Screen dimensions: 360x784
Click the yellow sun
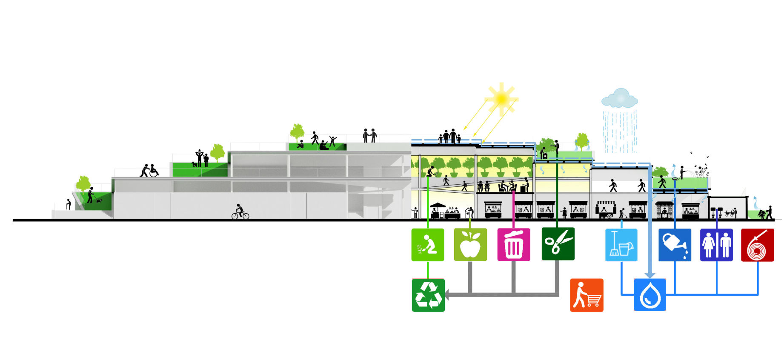point(502,98)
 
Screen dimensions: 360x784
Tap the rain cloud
point(620,99)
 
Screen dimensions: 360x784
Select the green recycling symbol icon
point(428,295)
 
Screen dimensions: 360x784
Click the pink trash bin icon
point(514,245)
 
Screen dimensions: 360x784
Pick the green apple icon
point(470,245)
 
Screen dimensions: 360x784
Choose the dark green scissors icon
point(558,244)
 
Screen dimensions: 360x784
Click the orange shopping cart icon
point(587,295)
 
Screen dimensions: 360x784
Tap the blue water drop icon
point(650,295)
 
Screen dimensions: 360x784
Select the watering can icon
point(675,245)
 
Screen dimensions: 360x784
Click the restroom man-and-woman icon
point(716,245)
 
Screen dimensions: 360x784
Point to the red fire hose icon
point(757,245)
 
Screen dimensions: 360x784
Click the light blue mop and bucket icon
point(621,245)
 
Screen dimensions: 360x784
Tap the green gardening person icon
point(428,245)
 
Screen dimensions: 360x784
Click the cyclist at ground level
point(240,212)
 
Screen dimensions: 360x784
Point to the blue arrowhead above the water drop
point(650,275)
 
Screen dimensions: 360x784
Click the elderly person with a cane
point(68,204)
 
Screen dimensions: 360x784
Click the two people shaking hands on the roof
point(369,135)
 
